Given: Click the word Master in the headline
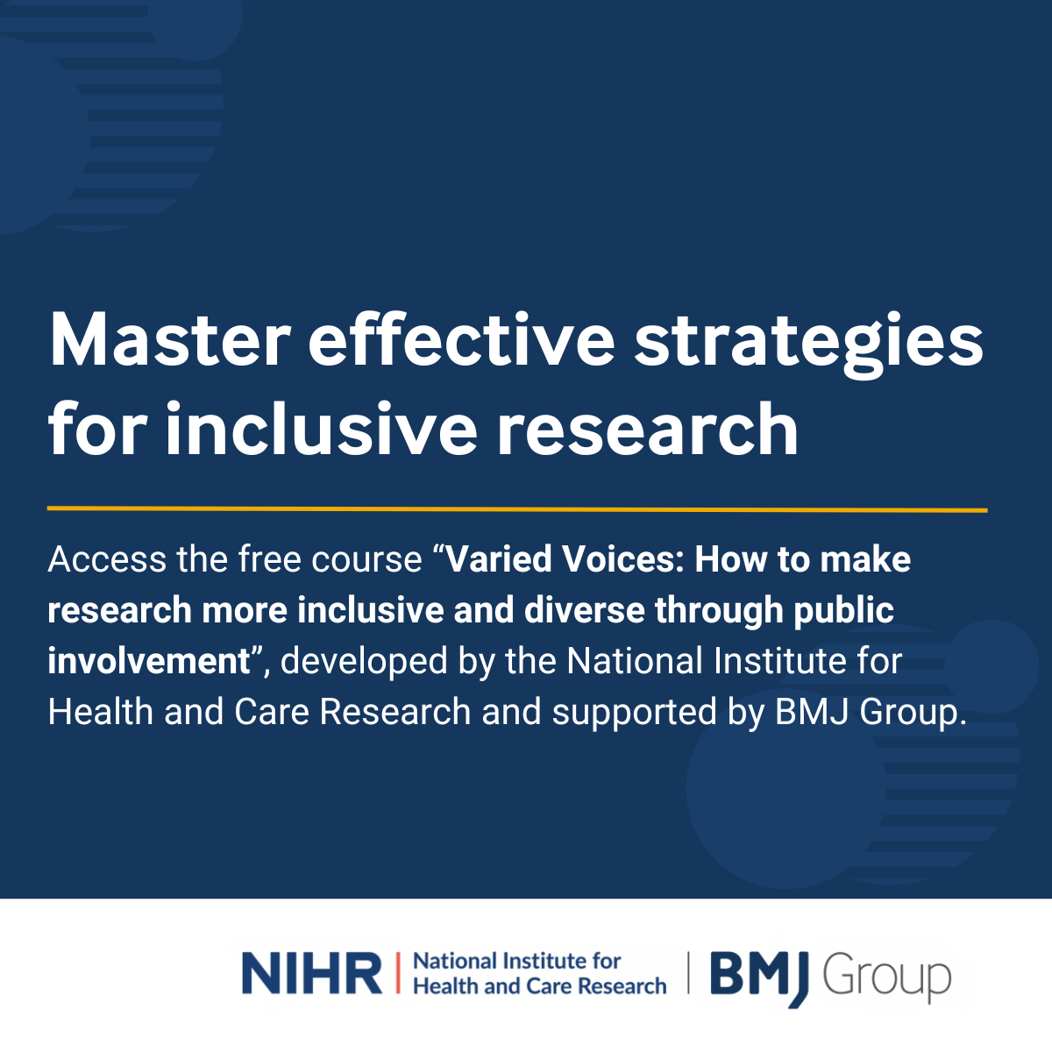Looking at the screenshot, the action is pos(170,339).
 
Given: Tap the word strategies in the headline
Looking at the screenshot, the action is pos(808,344).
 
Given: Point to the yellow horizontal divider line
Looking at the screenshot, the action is pos(517,509).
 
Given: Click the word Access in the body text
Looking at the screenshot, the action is pos(107,559).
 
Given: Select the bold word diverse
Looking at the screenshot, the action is pos(584,610).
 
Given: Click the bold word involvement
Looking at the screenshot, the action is pos(148,661).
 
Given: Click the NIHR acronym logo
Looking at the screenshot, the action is pos(312,973).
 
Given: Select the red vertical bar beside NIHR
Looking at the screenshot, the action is pos(397,973).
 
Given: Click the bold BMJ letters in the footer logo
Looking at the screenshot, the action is pos(759,976).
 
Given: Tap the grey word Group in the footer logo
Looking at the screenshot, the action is pos(887,978).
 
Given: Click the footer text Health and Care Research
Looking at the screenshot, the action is pos(540,986).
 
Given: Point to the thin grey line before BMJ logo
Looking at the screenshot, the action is pos(688,973).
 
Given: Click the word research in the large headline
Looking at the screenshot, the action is pos(648,428).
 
